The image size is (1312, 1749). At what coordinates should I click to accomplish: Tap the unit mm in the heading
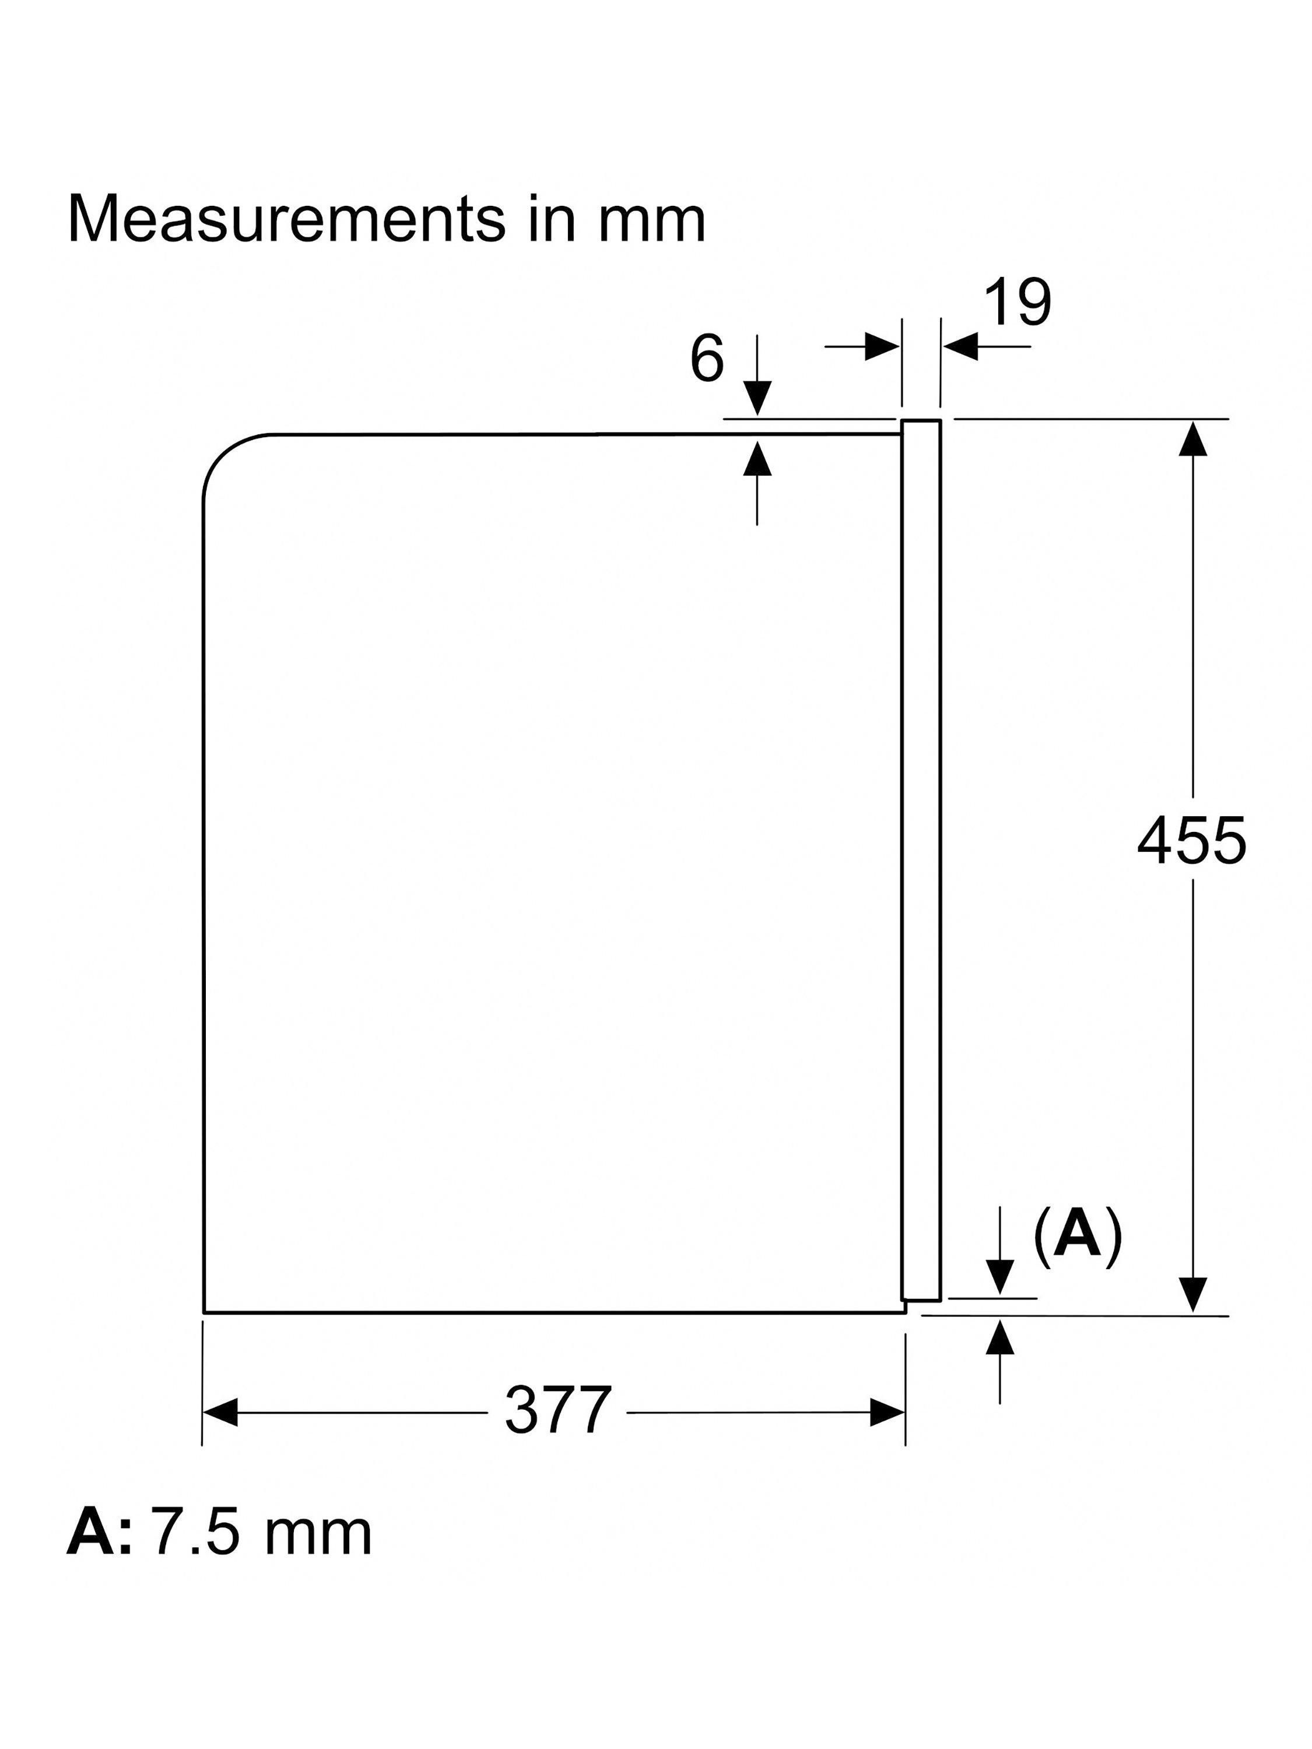[x=651, y=222]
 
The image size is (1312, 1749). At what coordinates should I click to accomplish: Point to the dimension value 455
[x=1191, y=841]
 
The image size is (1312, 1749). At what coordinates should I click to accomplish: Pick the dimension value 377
[x=557, y=1411]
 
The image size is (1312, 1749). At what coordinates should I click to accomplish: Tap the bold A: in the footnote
[x=98, y=1533]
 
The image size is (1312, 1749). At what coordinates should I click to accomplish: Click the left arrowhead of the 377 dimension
[x=220, y=1412]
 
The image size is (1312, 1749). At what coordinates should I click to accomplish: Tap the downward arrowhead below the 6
[x=757, y=398]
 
